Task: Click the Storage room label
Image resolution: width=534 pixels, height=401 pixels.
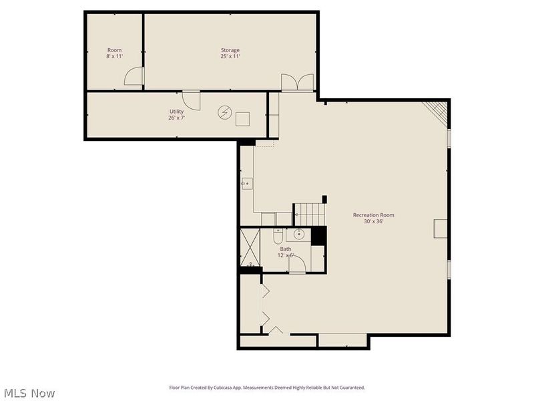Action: [x=230, y=50]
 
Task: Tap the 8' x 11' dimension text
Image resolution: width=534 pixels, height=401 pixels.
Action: [x=115, y=57]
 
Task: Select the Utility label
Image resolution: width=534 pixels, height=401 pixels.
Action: [x=176, y=111]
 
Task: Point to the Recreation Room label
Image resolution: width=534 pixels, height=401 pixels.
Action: [x=373, y=215]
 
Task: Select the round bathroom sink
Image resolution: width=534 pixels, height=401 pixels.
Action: [x=298, y=234]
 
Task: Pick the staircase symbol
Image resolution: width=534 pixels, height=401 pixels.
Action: [x=310, y=215]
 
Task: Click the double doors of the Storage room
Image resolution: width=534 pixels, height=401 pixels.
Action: [x=297, y=82]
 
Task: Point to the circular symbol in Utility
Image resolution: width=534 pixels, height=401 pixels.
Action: [x=224, y=112]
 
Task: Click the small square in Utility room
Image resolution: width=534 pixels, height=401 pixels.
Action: [x=242, y=118]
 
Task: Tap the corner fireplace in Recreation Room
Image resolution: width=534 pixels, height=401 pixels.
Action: [x=437, y=111]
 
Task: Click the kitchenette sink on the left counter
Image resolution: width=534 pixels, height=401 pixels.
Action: [x=246, y=182]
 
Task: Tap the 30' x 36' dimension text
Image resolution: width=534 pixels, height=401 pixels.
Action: [x=373, y=221]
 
